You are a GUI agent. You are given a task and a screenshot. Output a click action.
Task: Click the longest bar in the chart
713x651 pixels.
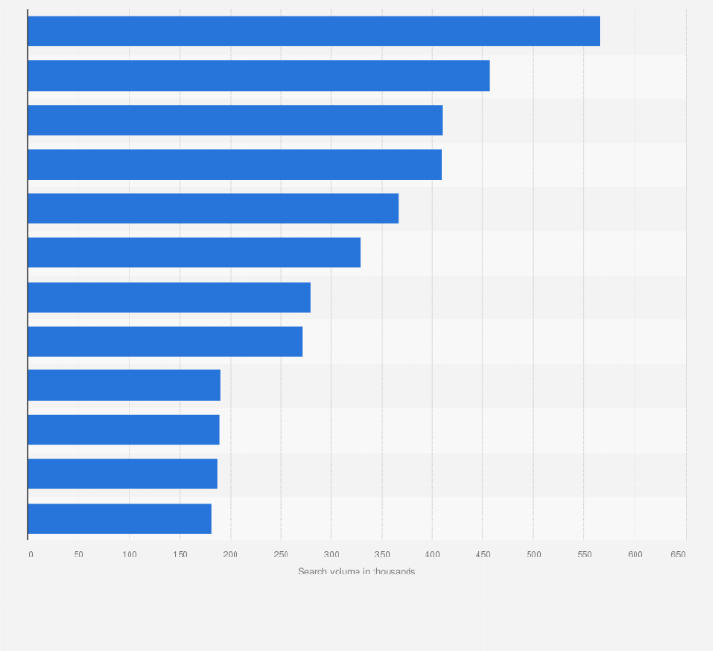click(314, 31)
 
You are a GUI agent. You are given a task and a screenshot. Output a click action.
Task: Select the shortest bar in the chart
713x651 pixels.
click(119, 518)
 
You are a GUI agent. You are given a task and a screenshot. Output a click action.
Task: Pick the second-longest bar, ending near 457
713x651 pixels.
click(258, 76)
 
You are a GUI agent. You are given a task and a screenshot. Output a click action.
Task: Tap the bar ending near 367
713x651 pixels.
click(213, 208)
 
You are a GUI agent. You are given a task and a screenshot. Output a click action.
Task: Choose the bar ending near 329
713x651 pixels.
click(194, 252)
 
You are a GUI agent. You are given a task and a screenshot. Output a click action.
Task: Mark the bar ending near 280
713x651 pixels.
click(169, 297)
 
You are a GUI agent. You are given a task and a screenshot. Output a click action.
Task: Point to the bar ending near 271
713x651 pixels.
click(165, 341)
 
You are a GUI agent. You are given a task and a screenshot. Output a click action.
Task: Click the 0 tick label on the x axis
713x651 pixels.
click(30, 554)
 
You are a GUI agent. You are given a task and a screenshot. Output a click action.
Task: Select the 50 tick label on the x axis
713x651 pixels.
click(78, 554)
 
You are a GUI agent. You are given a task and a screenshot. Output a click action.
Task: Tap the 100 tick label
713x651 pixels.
click(129, 554)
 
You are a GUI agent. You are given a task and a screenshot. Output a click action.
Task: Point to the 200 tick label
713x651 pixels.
click(230, 554)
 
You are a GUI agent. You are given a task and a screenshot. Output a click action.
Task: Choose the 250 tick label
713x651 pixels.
click(281, 554)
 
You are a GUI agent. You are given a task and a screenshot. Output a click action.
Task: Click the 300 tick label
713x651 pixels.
click(331, 554)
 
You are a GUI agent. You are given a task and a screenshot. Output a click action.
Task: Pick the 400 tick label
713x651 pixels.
click(432, 554)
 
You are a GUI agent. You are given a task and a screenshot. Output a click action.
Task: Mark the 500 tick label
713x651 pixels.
click(533, 554)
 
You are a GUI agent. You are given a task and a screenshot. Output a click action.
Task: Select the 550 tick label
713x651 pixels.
click(583, 554)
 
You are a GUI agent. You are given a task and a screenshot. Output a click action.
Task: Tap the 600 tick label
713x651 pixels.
click(635, 554)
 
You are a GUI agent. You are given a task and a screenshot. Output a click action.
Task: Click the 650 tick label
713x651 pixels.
click(678, 554)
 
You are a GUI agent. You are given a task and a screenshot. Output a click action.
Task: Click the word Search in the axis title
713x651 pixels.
click(312, 572)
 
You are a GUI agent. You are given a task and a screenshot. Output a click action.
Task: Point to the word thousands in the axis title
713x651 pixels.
click(395, 572)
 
